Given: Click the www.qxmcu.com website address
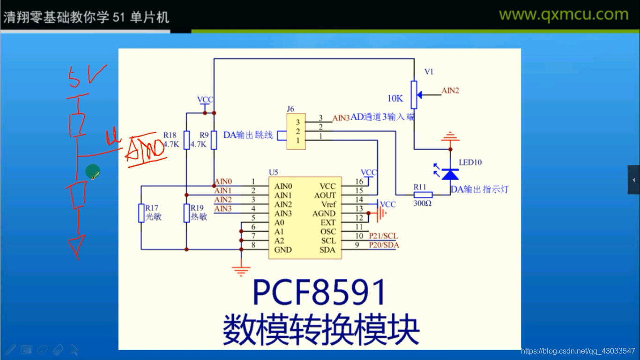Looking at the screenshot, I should [x=563, y=15].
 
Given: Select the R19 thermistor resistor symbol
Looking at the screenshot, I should [x=186, y=213].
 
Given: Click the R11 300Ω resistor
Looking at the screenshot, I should [x=423, y=195].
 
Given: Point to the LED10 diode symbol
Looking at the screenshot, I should [x=450, y=174].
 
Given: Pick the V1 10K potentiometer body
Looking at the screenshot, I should [x=414, y=94].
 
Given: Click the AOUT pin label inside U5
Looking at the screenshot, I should [x=325, y=195].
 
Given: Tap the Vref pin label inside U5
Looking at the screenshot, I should [x=328, y=204].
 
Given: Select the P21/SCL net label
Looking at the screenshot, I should [x=383, y=236].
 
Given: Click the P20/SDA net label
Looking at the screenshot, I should [x=384, y=245].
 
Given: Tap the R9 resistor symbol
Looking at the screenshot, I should [x=214, y=140].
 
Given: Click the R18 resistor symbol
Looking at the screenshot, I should [x=186, y=140].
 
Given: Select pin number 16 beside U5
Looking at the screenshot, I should [x=359, y=181].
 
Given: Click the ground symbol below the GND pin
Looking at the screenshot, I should [x=241, y=270].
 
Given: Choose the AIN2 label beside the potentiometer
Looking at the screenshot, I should [x=450, y=91].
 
